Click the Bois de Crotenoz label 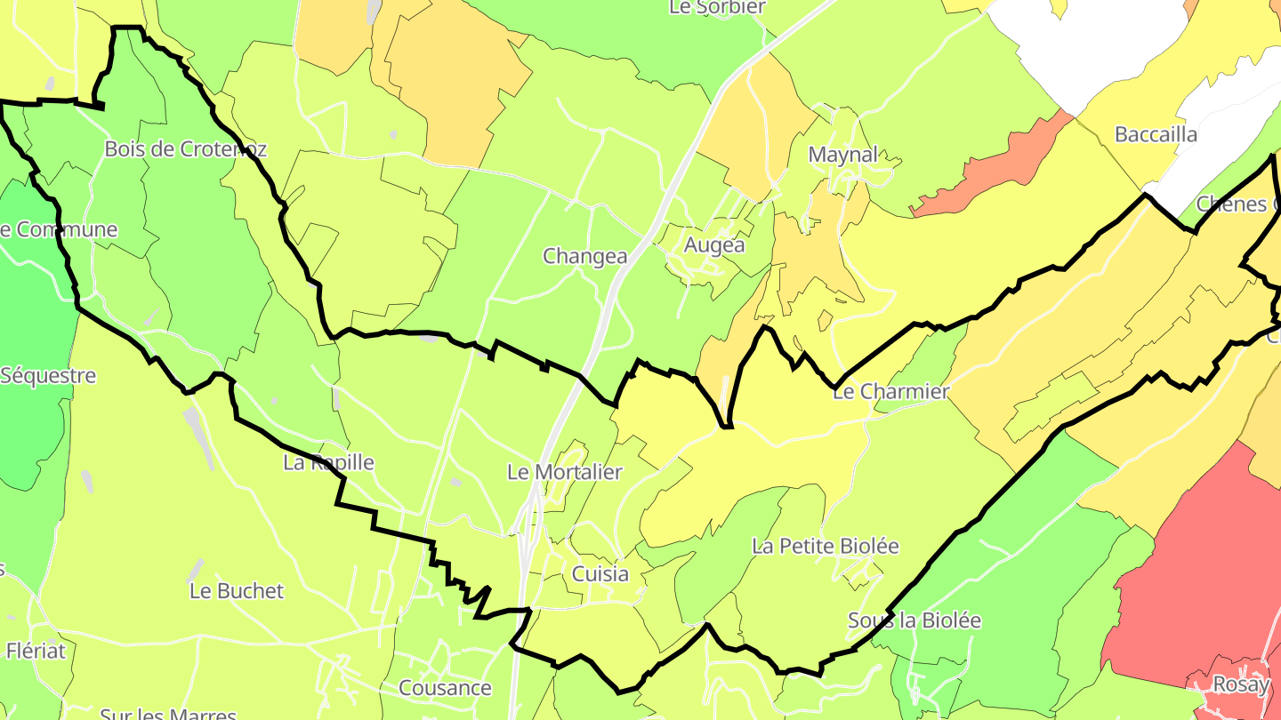click(185, 149)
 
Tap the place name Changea click(585, 257)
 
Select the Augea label click(714, 244)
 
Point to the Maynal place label click(842, 155)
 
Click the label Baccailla click(1156, 135)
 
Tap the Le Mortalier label click(564, 472)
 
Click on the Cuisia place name click(600, 573)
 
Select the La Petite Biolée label click(826, 546)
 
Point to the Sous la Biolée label click(914, 620)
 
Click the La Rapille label click(328, 462)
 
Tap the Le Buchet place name click(237, 591)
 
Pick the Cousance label click(445, 688)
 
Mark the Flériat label click(36, 651)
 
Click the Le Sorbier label click(717, 8)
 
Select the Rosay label click(1240, 685)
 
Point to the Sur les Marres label click(168, 713)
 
